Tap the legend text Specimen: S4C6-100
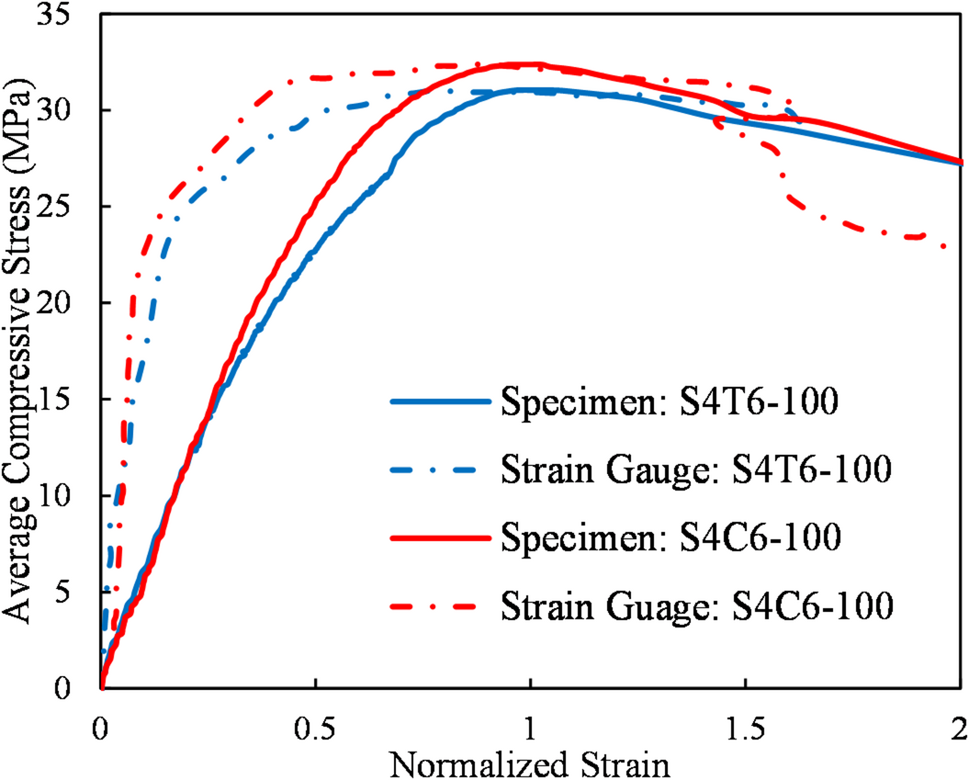(x=670, y=537)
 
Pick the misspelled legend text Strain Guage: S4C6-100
(x=696, y=605)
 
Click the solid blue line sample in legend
(x=438, y=402)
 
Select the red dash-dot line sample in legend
(x=438, y=605)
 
